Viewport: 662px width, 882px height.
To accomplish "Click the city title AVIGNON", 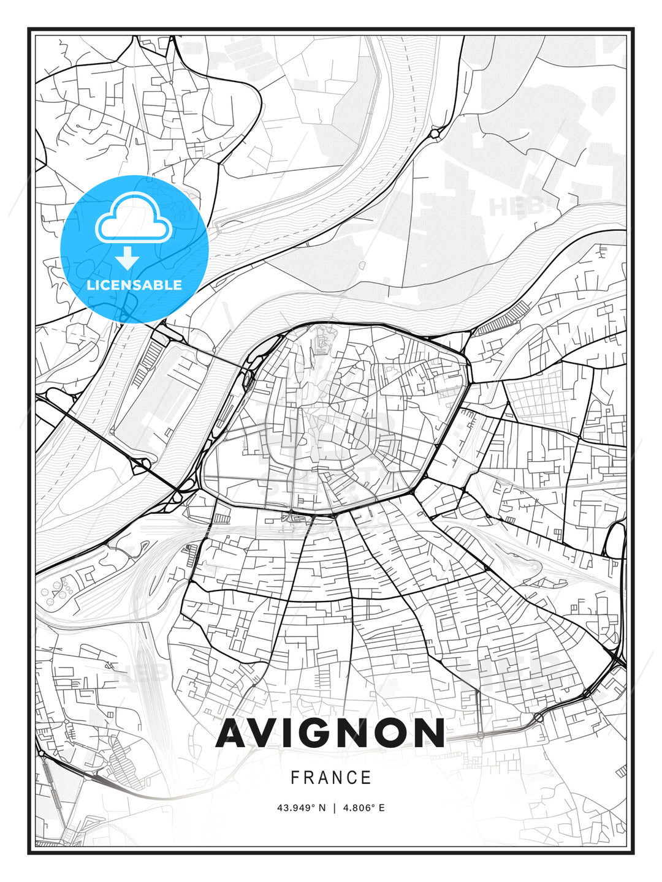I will (330, 733).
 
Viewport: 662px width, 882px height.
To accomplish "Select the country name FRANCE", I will (331, 778).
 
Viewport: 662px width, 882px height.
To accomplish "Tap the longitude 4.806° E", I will (363, 808).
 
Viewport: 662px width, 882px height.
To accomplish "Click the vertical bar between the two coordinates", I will (334, 808).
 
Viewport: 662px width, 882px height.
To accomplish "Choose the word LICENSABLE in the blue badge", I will (134, 285).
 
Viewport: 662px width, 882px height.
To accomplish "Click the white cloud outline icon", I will (132, 218).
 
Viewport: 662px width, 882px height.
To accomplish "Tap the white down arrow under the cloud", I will (127, 258).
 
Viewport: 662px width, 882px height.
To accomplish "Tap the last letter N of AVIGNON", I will (430, 733).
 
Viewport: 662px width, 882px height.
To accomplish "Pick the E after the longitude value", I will (381, 808).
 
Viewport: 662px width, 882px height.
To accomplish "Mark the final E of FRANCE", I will (367, 778).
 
